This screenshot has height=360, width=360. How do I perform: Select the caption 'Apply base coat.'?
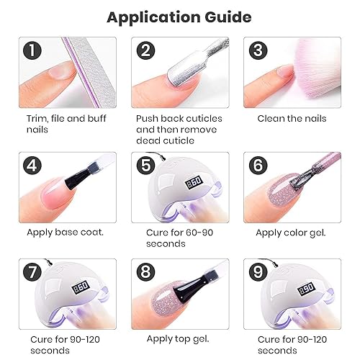65,232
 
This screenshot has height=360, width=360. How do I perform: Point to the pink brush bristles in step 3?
302,65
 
